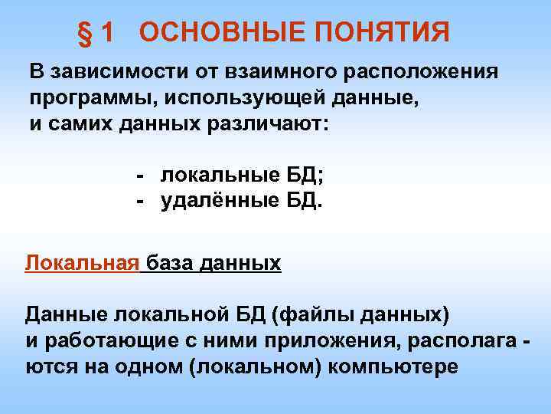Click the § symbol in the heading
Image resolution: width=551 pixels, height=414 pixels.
85,32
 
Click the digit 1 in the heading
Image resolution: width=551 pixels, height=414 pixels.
107,32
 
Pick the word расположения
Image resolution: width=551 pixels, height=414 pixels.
416,73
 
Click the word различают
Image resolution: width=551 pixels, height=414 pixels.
261,125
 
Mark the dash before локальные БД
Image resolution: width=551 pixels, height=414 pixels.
141,176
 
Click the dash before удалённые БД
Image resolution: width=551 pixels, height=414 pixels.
141,202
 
